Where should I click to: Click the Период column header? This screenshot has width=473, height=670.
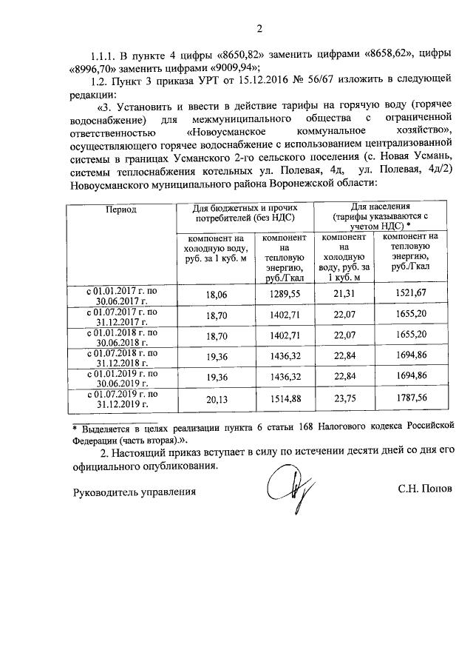tap(120, 210)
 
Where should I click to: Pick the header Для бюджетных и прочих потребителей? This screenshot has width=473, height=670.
tap(245, 213)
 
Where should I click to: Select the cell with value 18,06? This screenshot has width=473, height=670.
tap(214, 295)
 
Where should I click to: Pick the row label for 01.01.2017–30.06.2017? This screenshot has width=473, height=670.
tap(120, 295)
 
